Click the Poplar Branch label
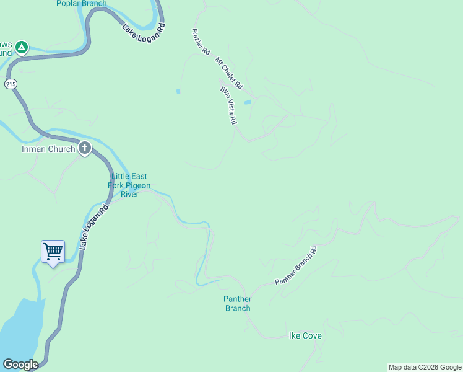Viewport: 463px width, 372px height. point(81,4)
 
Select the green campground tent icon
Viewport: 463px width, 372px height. point(22,46)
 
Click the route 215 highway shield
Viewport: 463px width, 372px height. point(10,84)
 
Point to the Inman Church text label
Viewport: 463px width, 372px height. point(48,149)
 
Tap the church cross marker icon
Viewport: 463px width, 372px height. point(85,148)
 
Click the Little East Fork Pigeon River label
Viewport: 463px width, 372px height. point(130,185)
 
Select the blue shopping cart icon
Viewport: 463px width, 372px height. point(53,251)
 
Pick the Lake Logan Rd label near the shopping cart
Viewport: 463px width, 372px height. point(94,227)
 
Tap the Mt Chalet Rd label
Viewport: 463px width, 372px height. point(229,72)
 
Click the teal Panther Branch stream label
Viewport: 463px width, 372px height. point(237,304)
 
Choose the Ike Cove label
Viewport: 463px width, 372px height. point(305,336)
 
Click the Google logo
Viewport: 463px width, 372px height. point(20,365)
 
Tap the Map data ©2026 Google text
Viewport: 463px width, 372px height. point(424,367)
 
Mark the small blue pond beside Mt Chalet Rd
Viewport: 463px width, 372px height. point(247,102)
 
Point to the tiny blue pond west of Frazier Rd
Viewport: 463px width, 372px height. point(178,92)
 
